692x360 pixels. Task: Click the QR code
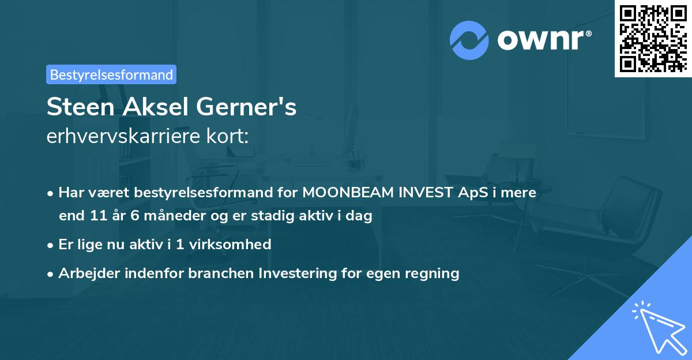(653, 38)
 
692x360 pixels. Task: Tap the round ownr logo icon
(469, 40)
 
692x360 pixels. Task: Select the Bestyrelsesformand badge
(111, 74)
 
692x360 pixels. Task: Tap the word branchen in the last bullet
(221, 273)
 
